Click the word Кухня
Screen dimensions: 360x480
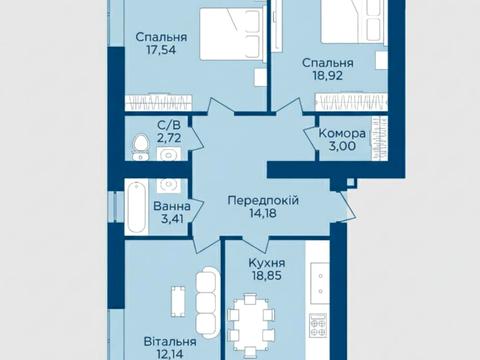(x=266, y=265)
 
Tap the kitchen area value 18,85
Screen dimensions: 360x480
(x=266, y=279)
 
